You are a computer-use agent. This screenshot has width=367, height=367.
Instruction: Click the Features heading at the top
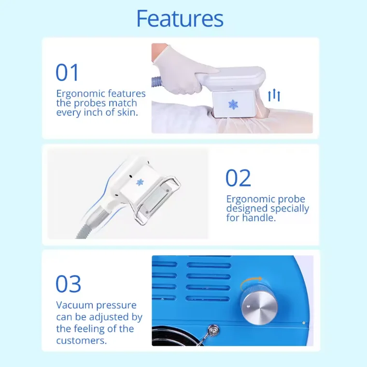coord(180,18)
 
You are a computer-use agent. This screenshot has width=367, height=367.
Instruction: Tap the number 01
coord(67,73)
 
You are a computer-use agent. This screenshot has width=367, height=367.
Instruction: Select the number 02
coord(238,178)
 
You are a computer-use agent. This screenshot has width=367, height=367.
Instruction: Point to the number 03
coord(68,284)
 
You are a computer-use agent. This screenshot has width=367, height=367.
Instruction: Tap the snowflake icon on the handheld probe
coord(233,104)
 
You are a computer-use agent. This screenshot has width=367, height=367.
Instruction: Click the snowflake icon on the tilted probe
coord(141,182)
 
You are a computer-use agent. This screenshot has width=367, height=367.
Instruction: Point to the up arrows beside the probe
coord(274,95)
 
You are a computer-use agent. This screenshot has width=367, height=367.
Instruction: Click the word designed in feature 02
coord(249,209)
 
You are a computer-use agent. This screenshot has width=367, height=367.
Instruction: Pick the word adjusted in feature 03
coord(111,317)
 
